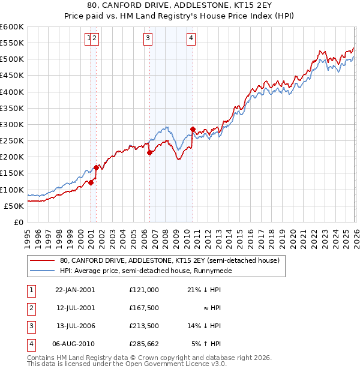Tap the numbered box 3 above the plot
148,39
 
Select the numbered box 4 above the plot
191,39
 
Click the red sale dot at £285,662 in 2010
193,129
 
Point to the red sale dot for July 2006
149,152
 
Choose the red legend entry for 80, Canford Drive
170,261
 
